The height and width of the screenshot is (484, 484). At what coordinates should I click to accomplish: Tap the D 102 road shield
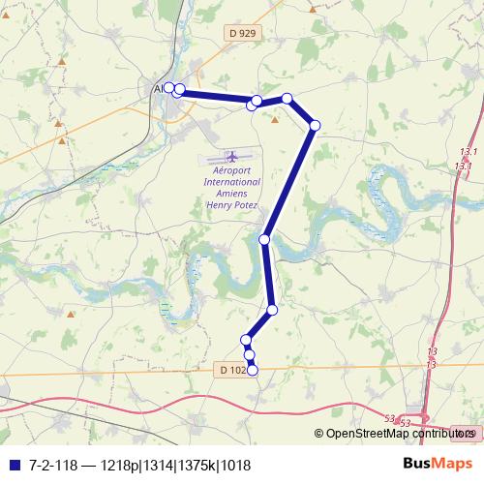tap(231, 370)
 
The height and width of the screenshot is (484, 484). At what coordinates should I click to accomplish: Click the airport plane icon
tap(231, 156)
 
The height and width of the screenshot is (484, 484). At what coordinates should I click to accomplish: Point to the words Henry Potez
tap(232, 205)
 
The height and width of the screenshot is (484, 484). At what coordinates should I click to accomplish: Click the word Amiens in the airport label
tap(232, 194)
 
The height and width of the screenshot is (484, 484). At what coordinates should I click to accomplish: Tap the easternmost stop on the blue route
tap(315, 125)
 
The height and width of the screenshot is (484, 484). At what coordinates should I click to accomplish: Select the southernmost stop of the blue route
tap(253, 369)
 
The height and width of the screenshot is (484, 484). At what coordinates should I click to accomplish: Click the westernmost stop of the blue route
tap(169, 88)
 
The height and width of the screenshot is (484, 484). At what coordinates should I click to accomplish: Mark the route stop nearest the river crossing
tap(264, 238)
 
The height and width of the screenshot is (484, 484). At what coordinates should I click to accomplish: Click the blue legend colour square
tap(13, 465)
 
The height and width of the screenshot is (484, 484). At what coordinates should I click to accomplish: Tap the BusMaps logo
tap(439, 464)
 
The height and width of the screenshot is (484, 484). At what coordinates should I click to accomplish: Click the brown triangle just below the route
tap(274, 120)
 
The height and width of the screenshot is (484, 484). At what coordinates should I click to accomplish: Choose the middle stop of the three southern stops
tap(250, 355)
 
